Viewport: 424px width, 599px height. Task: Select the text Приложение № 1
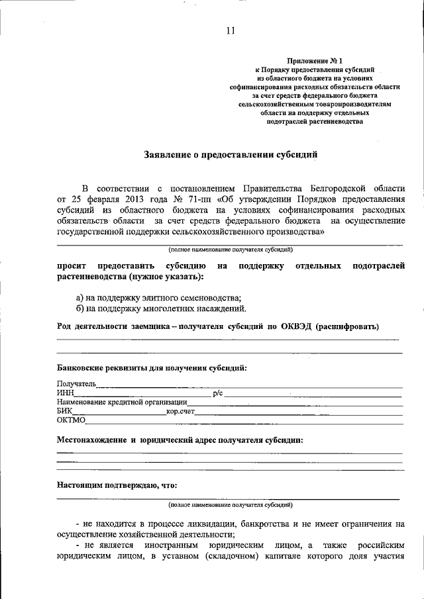[x=315, y=60]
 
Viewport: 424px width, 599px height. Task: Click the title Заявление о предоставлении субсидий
[x=231, y=155]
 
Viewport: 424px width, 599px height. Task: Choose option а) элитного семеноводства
[x=159, y=298]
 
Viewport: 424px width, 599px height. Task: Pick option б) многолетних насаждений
[x=162, y=308]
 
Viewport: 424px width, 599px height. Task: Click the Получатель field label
[x=76, y=384]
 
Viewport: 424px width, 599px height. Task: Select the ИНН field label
[x=64, y=393]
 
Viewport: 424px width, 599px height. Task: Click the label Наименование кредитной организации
[x=122, y=402]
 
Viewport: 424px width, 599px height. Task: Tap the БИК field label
[x=64, y=411]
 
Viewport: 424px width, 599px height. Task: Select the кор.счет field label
[x=181, y=411]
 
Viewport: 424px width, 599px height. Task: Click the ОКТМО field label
[x=70, y=420]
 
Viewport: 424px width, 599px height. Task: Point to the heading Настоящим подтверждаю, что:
[x=117, y=484]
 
